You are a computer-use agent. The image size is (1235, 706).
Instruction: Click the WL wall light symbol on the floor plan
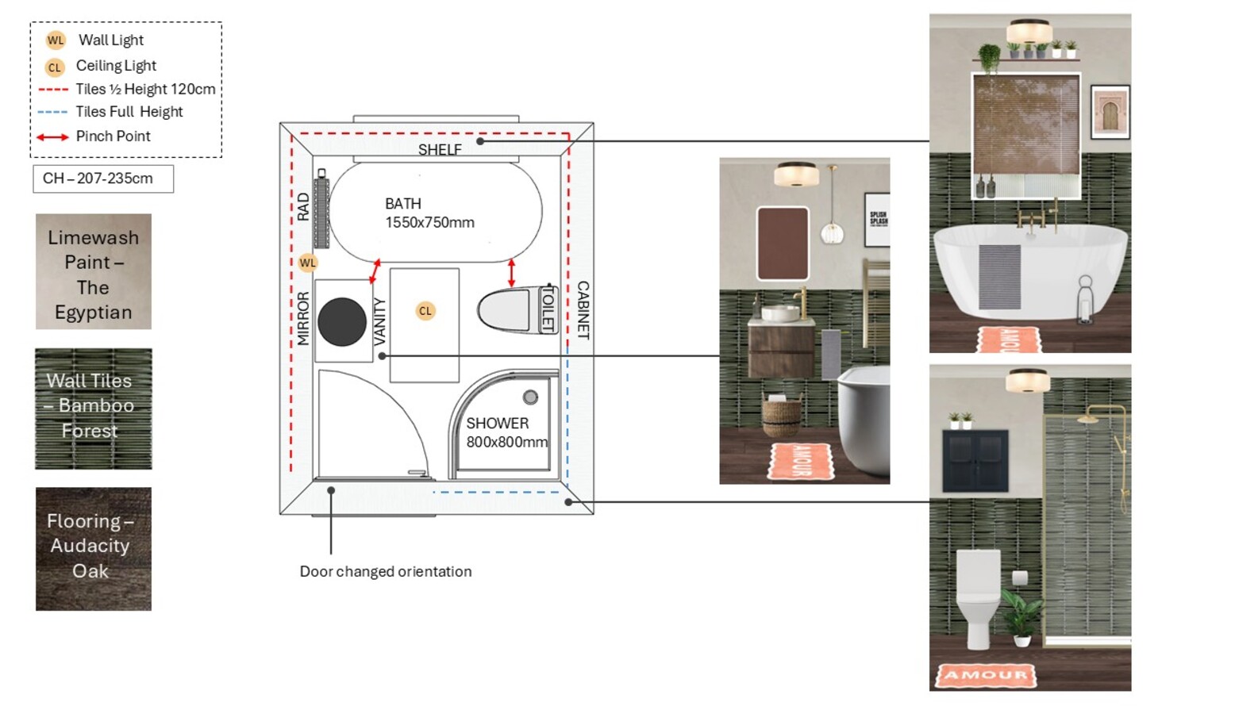tap(308, 263)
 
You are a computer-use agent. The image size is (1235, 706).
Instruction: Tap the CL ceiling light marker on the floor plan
tap(425, 311)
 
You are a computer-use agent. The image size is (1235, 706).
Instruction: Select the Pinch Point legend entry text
tap(113, 136)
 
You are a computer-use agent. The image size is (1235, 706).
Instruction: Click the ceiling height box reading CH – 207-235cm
tap(103, 178)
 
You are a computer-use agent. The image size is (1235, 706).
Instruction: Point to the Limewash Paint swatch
tap(94, 272)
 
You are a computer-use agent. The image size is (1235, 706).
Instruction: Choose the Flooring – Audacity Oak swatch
tap(94, 548)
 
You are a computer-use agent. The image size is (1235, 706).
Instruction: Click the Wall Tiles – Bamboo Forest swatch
tap(94, 409)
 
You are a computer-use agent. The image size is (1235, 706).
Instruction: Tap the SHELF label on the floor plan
tap(440, 149)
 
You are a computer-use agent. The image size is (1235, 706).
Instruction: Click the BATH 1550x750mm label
tap(429, 213)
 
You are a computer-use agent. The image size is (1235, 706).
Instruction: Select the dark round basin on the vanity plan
tap(342, 322)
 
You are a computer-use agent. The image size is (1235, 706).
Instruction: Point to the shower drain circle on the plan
tap(530, 397)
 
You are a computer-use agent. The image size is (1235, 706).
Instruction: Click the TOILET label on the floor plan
tap(548, 309)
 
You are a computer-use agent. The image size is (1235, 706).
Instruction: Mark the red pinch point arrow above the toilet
tap(512, 274)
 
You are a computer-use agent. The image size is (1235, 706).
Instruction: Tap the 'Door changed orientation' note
tap(386, 571)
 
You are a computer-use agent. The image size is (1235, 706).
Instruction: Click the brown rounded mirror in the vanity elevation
tap(783, 243)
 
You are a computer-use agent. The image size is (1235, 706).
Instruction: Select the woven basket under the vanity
tap(781, 414)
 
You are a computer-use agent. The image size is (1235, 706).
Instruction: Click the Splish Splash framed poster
tap(877, 219)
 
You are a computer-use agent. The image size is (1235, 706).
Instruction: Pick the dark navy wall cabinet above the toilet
tap(975, 461)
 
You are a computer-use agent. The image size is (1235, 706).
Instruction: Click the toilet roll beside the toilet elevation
tap(1019, 577)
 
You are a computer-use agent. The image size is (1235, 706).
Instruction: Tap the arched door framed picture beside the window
tap(1110, 113)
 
